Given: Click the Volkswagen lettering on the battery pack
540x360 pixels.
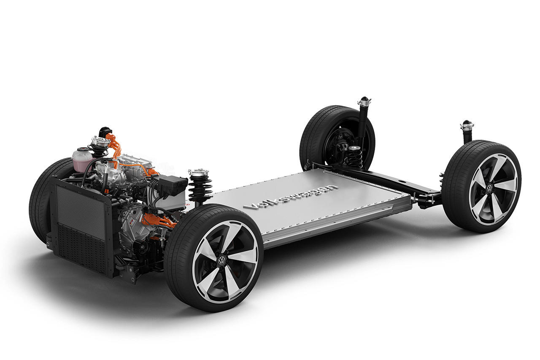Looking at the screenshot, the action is point(291,197).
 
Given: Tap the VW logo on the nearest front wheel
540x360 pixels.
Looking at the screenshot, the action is point(221,260).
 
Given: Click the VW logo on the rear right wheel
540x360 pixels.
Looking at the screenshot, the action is point(490,188).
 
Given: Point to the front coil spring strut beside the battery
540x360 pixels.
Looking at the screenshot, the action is point(200,187).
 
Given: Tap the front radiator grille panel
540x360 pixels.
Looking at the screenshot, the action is point(81,227).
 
